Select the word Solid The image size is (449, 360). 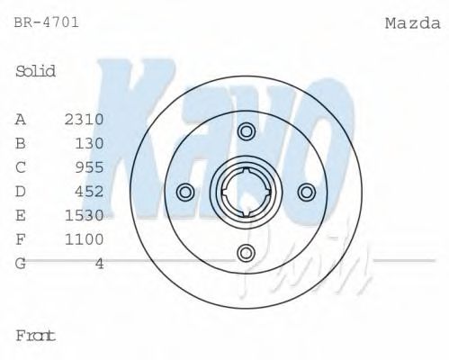[36, 71]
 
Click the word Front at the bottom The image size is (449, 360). [36, 335]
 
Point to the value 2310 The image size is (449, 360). [85, 119]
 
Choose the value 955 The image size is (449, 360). [90, 166]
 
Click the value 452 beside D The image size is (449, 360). [90, 191]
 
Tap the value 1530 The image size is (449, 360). [85, 215]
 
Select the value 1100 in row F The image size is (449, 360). [85, 238]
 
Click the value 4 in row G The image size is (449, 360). [100, 263]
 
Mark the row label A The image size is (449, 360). [20, 119]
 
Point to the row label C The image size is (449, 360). [20, 166]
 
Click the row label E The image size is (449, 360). [20, 215]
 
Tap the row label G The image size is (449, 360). [20, 263]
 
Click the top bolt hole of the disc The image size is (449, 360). [246, 131]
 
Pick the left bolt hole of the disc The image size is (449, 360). [185, 192]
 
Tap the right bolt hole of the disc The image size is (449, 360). [306, 192]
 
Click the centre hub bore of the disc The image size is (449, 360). [246, 192]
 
